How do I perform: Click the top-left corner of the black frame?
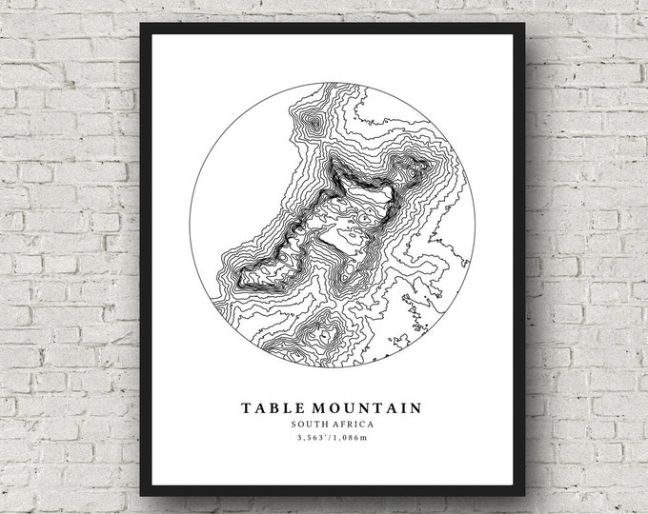pos(142,24)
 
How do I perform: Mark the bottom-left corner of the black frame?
pos(142,496)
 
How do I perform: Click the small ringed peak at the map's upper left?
pos(311,122)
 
